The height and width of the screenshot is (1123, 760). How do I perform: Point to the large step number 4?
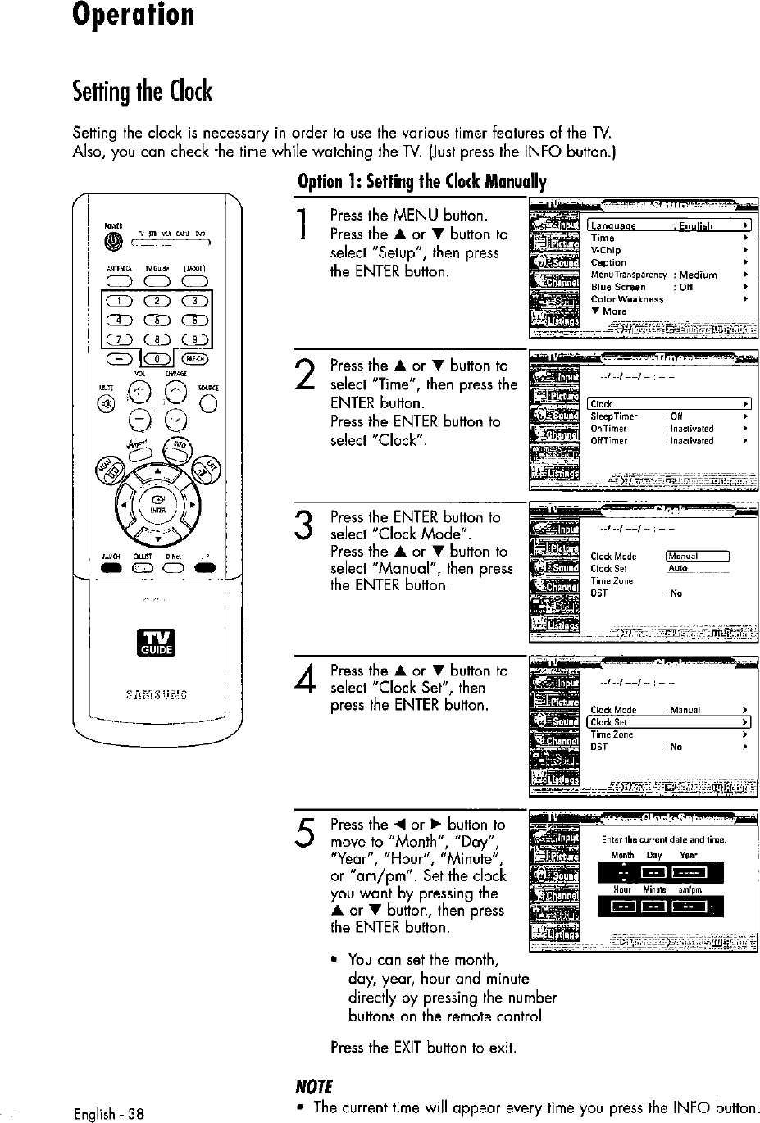(303, 681)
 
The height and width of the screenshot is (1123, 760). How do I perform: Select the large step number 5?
(303, 835)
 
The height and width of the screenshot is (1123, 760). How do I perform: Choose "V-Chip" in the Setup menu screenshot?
(606, 250)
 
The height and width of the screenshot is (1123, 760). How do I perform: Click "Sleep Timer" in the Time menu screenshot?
(614, 416)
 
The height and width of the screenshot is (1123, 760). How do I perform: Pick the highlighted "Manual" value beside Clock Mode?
(697, 557)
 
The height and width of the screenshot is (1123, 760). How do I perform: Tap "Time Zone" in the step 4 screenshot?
(612, 734)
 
